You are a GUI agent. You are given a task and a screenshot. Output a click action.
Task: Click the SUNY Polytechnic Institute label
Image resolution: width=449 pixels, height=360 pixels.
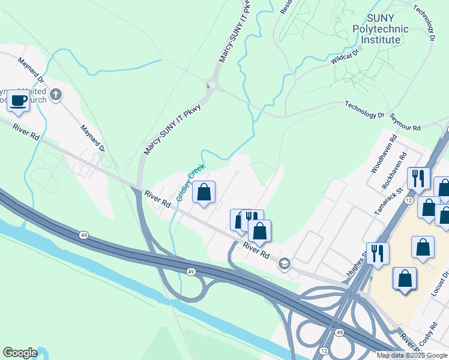point(380,29)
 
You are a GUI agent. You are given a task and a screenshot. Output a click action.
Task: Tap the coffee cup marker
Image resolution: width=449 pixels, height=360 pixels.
point(18,101)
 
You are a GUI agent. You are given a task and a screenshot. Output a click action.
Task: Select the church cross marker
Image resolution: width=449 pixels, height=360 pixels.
point(56,94)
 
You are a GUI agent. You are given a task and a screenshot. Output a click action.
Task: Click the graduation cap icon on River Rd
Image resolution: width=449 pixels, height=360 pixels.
point(284,263)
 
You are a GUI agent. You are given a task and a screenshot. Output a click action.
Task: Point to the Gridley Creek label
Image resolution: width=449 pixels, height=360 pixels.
point(190,182)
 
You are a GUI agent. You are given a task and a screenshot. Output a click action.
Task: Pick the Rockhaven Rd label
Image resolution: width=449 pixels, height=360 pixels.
point(394,174)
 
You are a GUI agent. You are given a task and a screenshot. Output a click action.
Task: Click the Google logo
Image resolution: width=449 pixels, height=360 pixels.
point(20,353)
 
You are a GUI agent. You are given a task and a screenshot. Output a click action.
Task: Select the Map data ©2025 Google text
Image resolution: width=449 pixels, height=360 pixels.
point(412,355)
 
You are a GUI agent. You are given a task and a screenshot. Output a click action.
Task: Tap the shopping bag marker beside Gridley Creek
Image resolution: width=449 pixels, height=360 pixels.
point(203,193)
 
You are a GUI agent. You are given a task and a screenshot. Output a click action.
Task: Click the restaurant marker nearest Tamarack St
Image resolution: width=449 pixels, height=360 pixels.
point(418,178)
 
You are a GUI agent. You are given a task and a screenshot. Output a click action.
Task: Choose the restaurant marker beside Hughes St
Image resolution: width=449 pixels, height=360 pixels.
point(378,253)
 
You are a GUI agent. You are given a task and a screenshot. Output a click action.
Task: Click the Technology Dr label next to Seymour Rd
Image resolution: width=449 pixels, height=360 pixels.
point(364,110)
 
